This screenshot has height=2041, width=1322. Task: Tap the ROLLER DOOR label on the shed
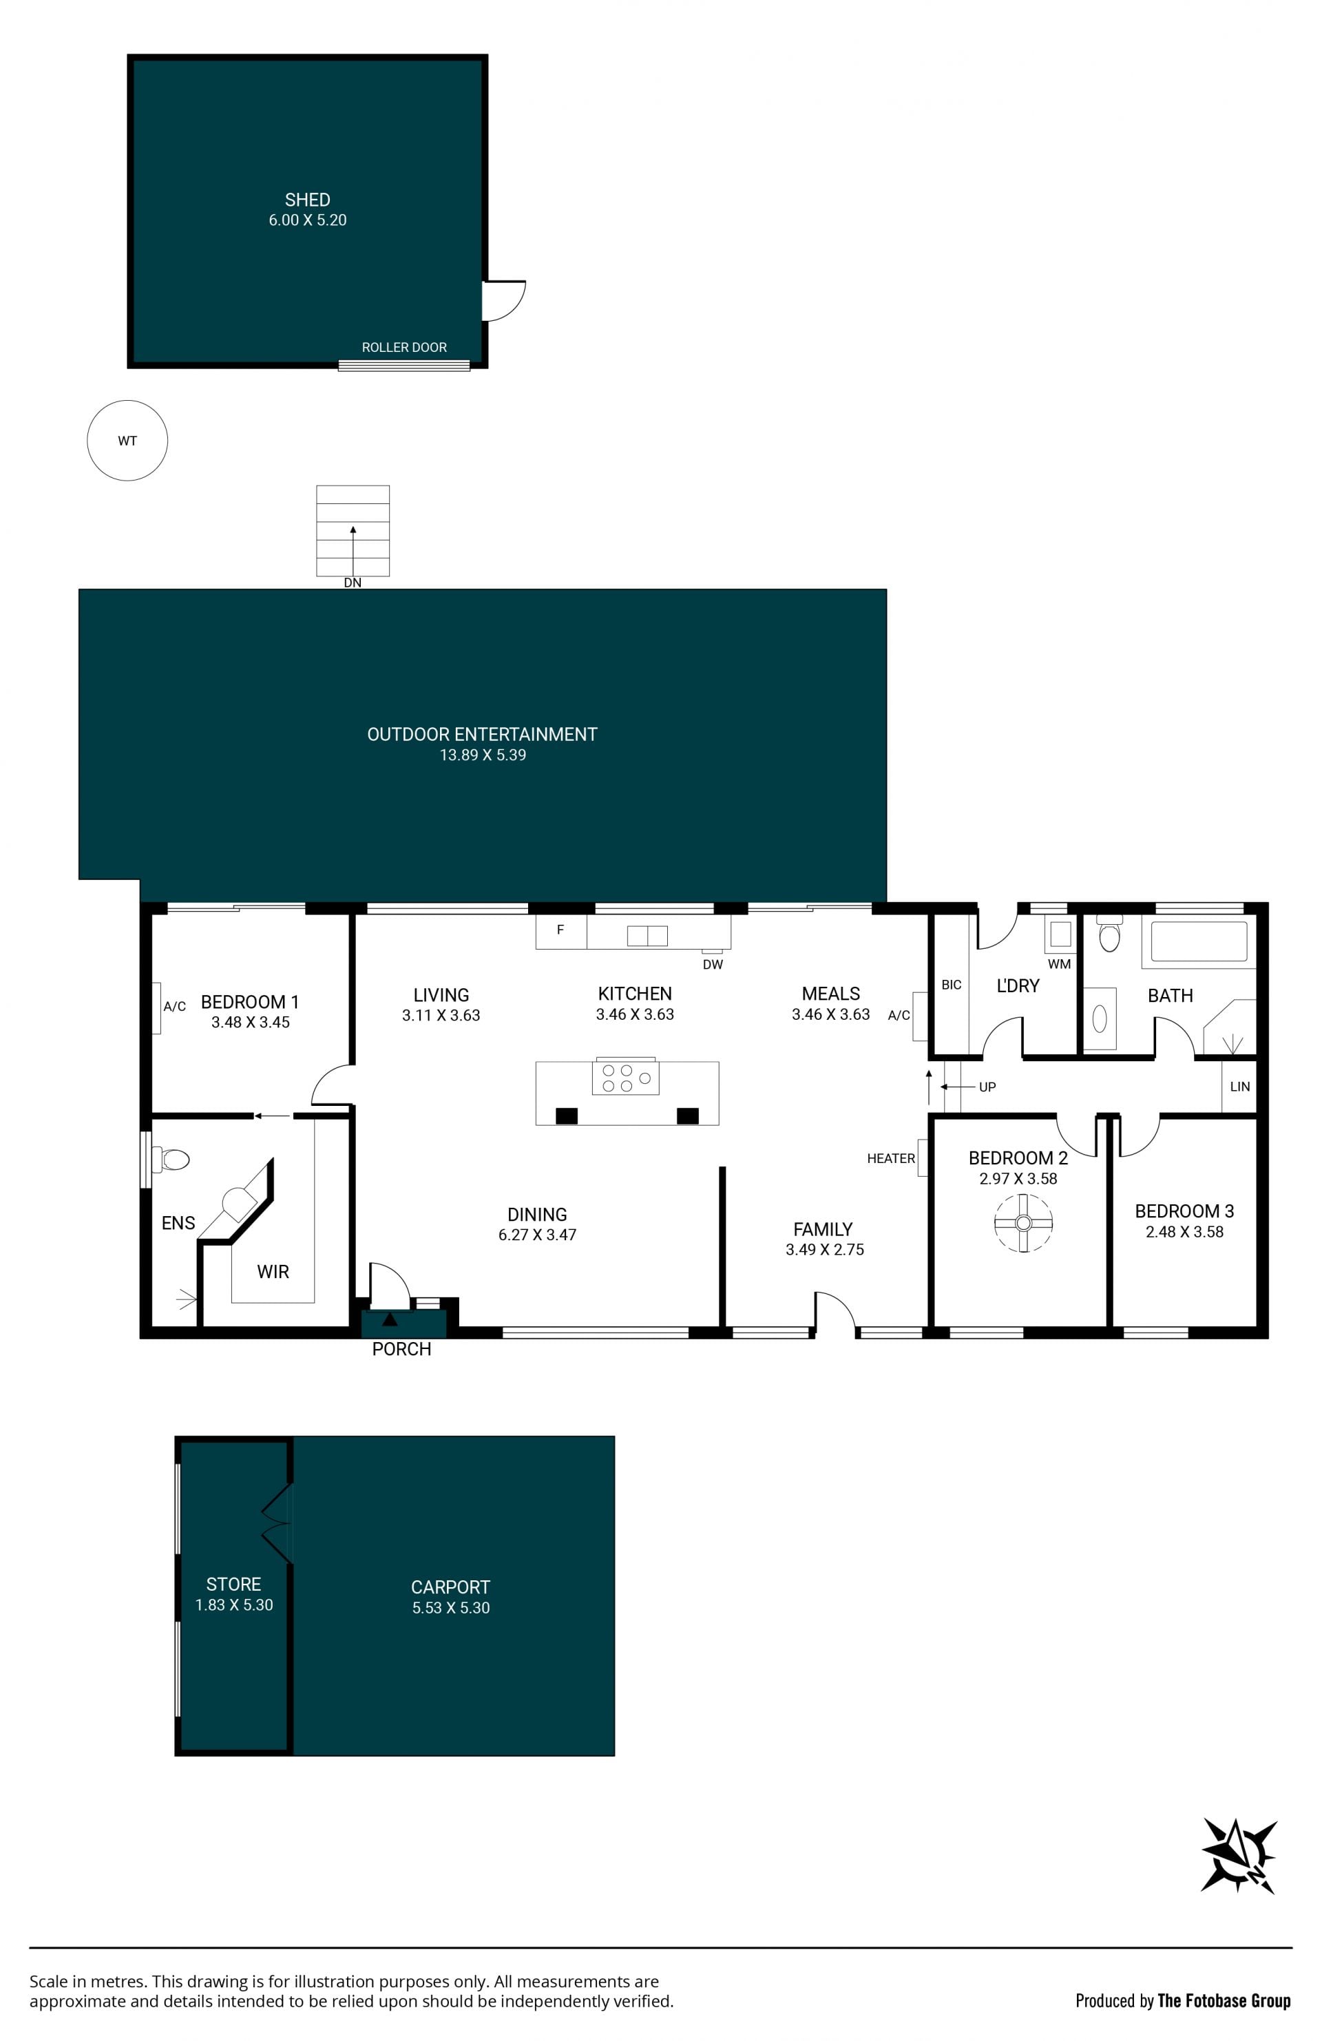403,347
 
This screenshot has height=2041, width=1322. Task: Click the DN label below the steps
353,583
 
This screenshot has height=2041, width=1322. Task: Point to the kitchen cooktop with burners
626,1078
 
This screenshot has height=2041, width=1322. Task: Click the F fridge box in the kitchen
560,930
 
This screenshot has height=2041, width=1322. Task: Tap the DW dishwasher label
713,964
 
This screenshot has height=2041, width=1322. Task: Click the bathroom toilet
1109,934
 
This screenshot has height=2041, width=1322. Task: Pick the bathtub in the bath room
1199,941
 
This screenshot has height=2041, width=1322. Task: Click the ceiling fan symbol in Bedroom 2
1022,1223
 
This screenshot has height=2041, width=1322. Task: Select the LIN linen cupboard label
1239,1086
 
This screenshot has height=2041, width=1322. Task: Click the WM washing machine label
1059,964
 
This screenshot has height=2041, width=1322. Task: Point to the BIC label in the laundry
951,985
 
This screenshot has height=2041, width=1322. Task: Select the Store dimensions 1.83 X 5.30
234,1604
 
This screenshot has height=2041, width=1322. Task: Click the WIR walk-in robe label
273,1272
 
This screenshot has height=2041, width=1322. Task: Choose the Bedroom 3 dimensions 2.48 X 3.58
1184,1231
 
